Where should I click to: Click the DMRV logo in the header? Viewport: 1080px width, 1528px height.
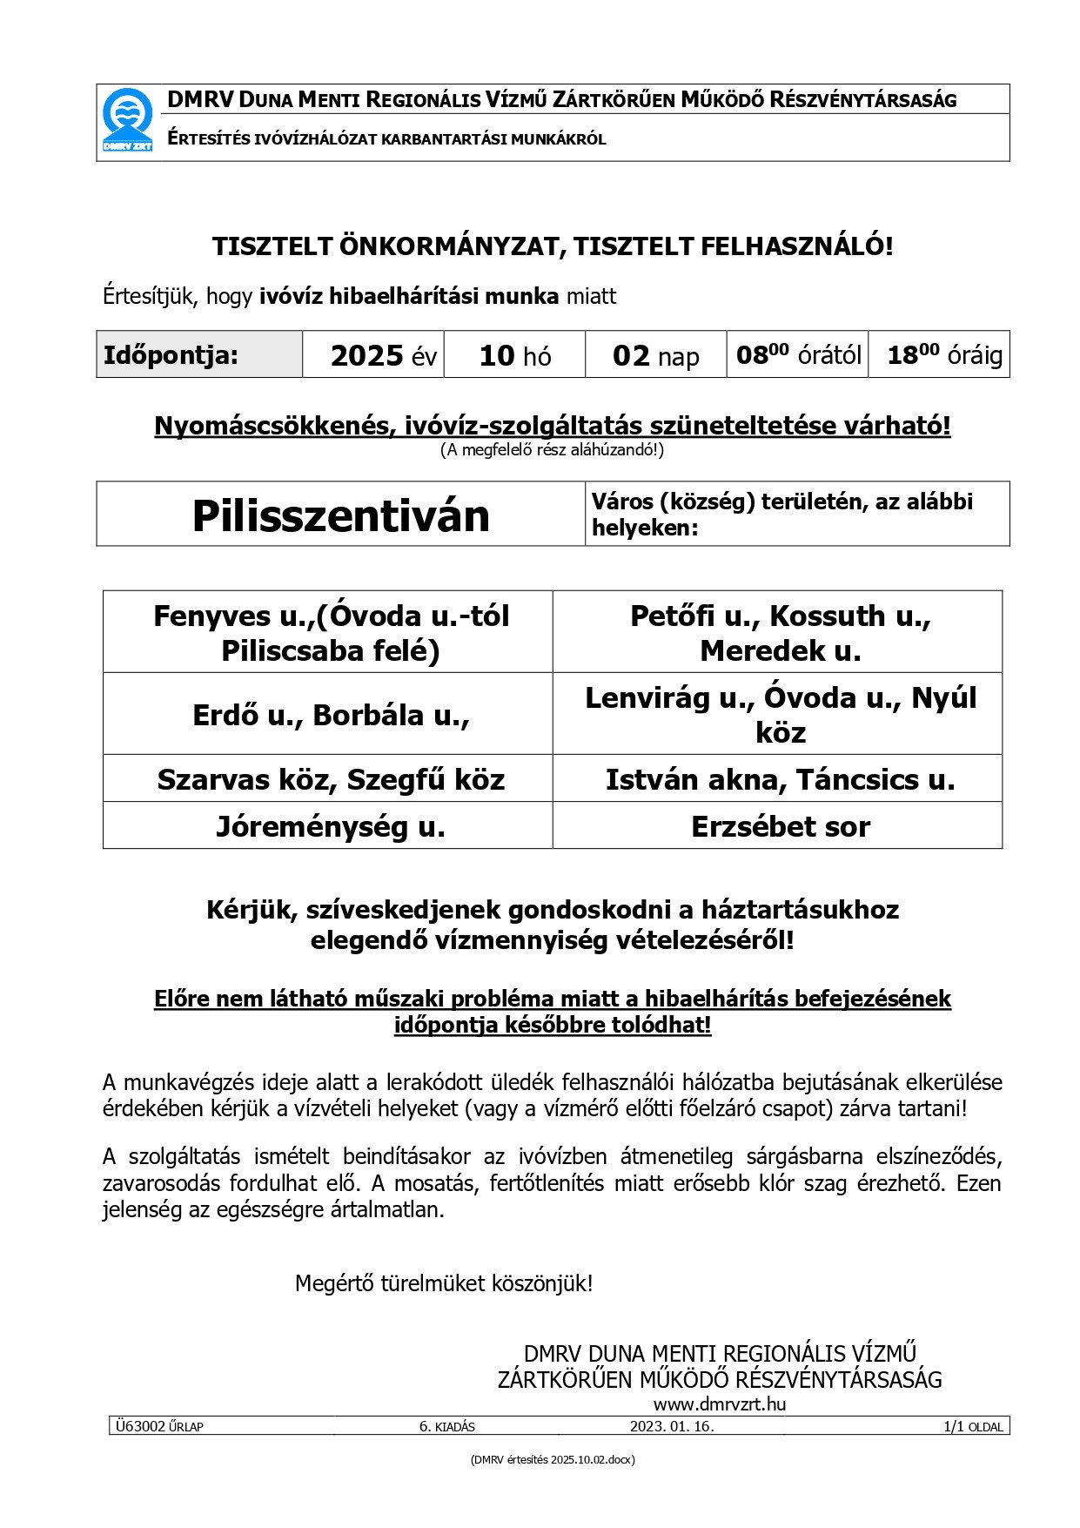click(x=127, y=121)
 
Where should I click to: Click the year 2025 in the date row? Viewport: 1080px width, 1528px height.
click(x=367, y=355)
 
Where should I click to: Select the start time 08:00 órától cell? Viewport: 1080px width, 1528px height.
click(x=798, y=354)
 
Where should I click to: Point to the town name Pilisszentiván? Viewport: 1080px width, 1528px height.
click(x=340, y=515)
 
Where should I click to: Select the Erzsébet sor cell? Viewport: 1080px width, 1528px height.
click(x=780, y=826)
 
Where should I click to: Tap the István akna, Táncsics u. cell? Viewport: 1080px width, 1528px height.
click(x=780, y=779)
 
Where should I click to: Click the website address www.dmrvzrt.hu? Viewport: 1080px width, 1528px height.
click(x=720, y=1403)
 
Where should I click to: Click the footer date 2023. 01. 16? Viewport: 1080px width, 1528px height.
click(x=672, y=1427)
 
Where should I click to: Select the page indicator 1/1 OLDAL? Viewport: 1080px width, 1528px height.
click(x=972, y=1427)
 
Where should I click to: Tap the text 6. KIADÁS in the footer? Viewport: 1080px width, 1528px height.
click(x=446, y=1427)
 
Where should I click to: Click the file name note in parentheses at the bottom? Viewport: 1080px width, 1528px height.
click(x=552, y=1460)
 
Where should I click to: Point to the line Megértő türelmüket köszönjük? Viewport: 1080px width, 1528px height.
click(x=444, y=1282)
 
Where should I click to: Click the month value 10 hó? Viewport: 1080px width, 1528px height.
click(x=515, y=355)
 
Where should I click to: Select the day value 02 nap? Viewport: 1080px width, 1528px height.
click(x=655, y=355)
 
